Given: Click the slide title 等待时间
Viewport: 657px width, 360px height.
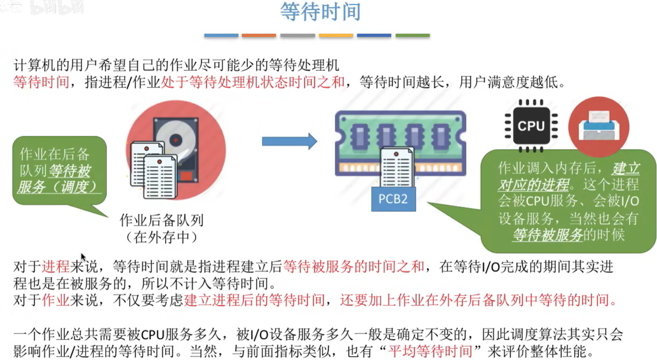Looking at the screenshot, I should [x=320, y=13].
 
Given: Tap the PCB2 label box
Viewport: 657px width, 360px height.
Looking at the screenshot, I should [x=393, y=199].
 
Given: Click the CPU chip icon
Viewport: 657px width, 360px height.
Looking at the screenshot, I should [x=531, y=126].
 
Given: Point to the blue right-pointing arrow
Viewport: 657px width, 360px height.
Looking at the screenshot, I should [x=289, y=141].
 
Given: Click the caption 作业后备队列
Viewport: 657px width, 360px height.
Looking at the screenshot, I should [x=162, y=220].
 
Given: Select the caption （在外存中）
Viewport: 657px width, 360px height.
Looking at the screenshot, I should [x=162, y=237].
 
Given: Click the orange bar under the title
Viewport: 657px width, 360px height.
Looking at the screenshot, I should [x=259, y=35].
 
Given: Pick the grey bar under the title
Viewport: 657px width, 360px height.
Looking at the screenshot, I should [x=297, y=35].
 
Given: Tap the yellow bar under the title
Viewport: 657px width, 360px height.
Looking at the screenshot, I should [x=336, y=35].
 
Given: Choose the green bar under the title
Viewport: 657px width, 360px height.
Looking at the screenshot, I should [x=413, y=35].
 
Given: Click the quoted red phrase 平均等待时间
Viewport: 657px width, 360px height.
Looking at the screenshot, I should [x=431, y=351].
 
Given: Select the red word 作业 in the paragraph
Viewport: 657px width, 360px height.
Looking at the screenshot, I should [x=55, y=300].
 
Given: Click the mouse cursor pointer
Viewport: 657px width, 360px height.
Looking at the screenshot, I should [x=83, y=256].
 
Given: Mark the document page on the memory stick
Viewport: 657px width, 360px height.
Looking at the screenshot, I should [x=396, y=167].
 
